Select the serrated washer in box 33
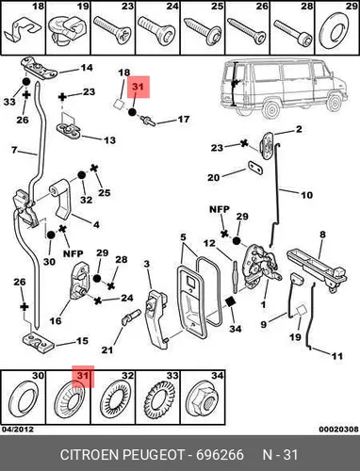click(x=158, y=399)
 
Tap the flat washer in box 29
click(x=333, y=31)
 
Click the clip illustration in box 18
click(x=22, y=32)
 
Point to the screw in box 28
click(x=293, y=33)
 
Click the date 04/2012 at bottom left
click(x=17, y=430)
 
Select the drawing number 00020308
click(x=338, y=430)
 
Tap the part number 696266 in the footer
click(x=220, y=455)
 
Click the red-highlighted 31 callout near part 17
click(x=139, y=87)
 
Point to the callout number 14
click(x=87, y=68)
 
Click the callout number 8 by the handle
click(x=322, y=235)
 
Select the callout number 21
click(x=107, y=349)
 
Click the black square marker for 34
click(x=230, y=301)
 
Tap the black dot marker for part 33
click(x=25, y=82)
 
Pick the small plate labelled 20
click(x=255, y=168)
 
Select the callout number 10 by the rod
click(x=307, y=195)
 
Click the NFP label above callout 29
click(x=220, y=209)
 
